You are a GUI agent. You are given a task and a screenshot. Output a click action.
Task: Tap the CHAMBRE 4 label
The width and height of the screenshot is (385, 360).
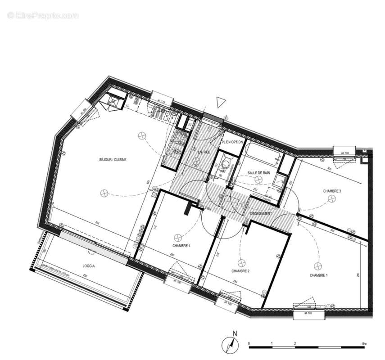[181, 246]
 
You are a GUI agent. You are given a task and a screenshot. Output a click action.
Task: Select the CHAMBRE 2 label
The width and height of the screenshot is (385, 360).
[240, 271]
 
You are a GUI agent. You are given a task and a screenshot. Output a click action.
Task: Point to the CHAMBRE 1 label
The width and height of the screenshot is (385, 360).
[319, 275]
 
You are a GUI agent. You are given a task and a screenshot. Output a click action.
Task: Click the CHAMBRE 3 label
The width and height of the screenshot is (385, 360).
[332, 191]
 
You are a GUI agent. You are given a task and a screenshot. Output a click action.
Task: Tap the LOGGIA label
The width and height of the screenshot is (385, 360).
[89, 266]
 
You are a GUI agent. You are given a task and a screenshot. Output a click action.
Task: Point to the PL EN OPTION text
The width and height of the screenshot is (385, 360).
[232, 142]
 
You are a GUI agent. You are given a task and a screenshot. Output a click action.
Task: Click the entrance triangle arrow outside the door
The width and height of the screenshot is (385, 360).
[219, 102]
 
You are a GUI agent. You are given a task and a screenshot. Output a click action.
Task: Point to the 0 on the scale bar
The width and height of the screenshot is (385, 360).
[249, 343]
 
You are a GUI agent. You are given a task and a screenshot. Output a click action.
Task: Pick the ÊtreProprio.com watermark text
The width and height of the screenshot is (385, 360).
[43, 16]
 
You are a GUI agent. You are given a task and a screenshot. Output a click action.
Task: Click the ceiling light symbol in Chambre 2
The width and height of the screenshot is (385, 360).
[240, 262]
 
